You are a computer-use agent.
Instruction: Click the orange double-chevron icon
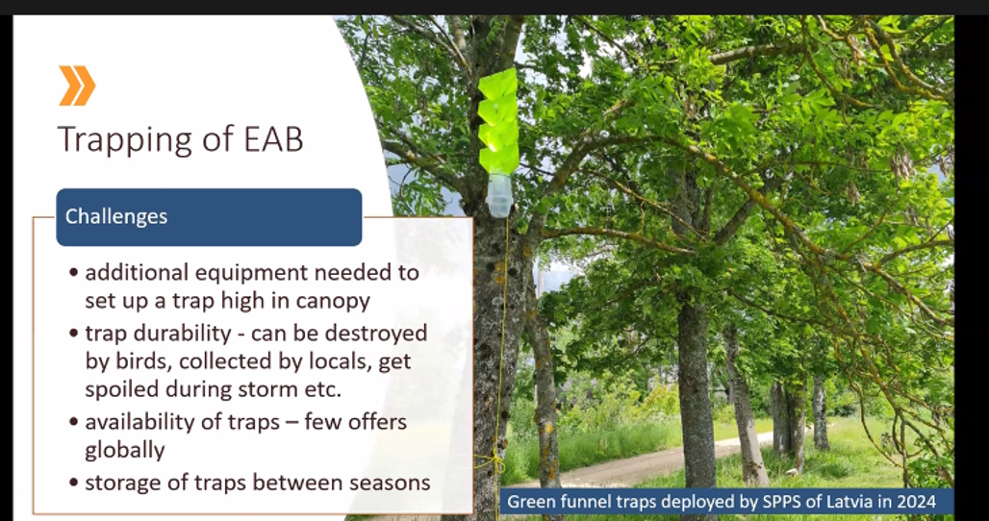click(x=77, y=86)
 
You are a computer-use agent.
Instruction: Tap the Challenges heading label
click(x=116, y=216)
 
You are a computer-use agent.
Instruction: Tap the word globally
click(x=125, y=451)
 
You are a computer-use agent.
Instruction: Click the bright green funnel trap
click(x=498, y=121)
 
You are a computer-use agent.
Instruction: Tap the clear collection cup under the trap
click(x=499, y=195)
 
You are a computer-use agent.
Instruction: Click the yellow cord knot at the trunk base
click(x=492, y=461)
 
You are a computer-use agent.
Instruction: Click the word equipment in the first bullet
click(x=249, y=273)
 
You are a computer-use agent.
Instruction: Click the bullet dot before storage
click(x=74, y=484)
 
